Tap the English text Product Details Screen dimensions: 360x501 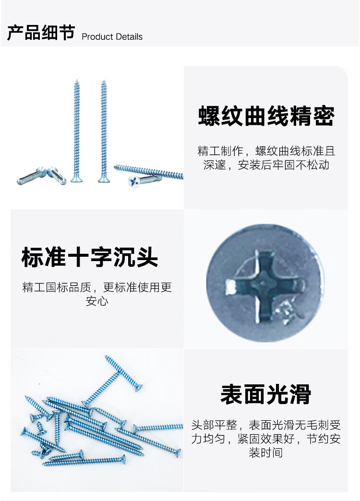click(112, 37)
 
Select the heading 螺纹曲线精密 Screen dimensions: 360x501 click(266, 116)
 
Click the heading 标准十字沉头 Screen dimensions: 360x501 click(90, 257)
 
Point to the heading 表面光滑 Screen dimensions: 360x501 click(266, 394)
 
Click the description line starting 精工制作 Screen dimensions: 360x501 click(266, 151)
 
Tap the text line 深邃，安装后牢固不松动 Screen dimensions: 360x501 click(266, 165)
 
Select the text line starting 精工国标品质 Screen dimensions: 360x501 click(97, 287)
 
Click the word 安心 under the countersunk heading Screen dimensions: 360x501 click(97, 301)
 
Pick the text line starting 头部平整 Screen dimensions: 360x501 click(266, 425)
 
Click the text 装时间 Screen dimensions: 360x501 click(266, 453)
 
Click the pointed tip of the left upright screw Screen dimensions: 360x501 click(76, 81)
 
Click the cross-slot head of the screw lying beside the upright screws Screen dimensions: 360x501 click(134, 181)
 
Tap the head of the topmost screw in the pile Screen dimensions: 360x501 click(138, 388)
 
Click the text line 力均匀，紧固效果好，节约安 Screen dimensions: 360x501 click(266, 439)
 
